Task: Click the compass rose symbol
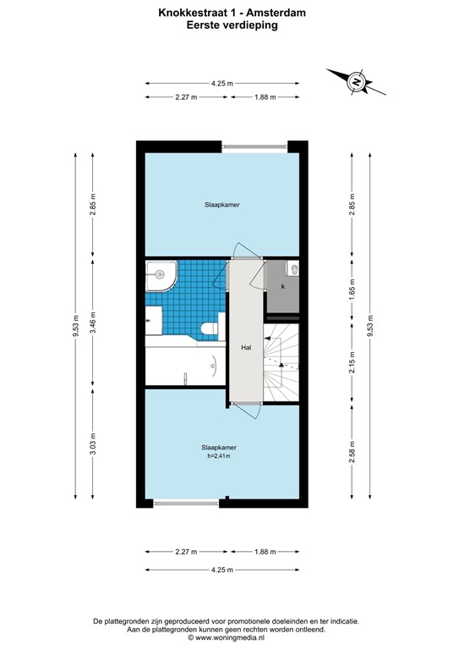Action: click(x=358, y=82)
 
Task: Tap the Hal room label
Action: click(x=246, y=347)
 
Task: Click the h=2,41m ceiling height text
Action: click(x=218, y=456)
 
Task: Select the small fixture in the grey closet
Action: click(x=293, y=270)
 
